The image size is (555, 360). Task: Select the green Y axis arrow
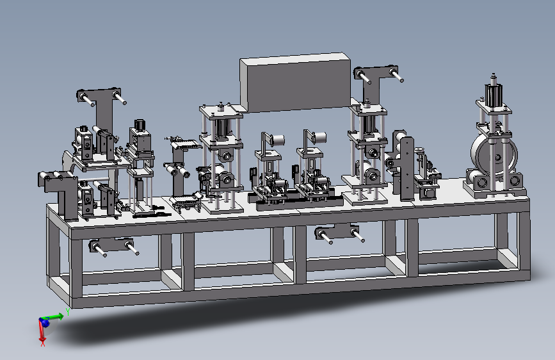click(54, 316)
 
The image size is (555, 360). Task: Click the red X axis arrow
click(42, 331)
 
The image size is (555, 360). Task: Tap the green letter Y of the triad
click(68, 312)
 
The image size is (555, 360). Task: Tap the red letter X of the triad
click(43, 343)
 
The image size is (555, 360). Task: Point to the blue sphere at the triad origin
click(45, 322)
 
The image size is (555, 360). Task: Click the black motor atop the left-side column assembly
click(140, 125)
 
